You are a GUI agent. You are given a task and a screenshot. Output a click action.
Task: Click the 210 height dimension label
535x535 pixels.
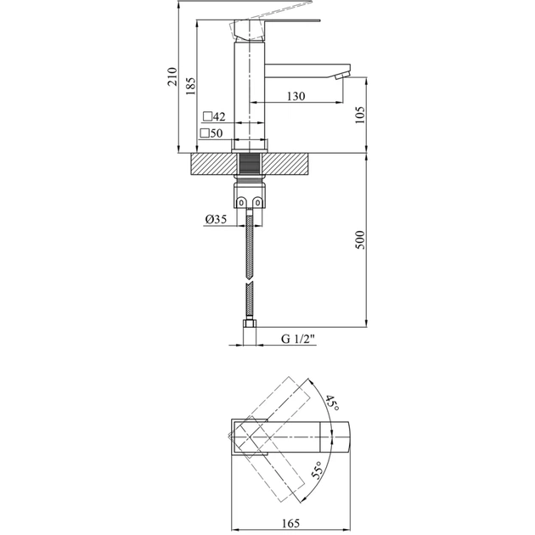172,80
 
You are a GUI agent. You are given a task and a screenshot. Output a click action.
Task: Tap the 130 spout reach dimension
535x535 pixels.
296,97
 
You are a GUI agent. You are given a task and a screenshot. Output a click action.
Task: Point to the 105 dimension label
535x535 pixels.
360,115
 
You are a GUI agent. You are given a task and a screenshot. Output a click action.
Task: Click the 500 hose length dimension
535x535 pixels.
360,239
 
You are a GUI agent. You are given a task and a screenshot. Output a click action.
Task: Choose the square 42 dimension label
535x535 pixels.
213,116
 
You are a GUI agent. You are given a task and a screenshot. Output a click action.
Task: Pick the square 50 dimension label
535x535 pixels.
211,133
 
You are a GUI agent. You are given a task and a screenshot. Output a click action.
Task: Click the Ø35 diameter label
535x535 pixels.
215,220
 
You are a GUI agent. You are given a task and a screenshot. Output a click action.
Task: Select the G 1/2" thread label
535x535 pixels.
298,340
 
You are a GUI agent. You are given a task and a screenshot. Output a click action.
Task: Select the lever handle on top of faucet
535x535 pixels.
272,23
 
